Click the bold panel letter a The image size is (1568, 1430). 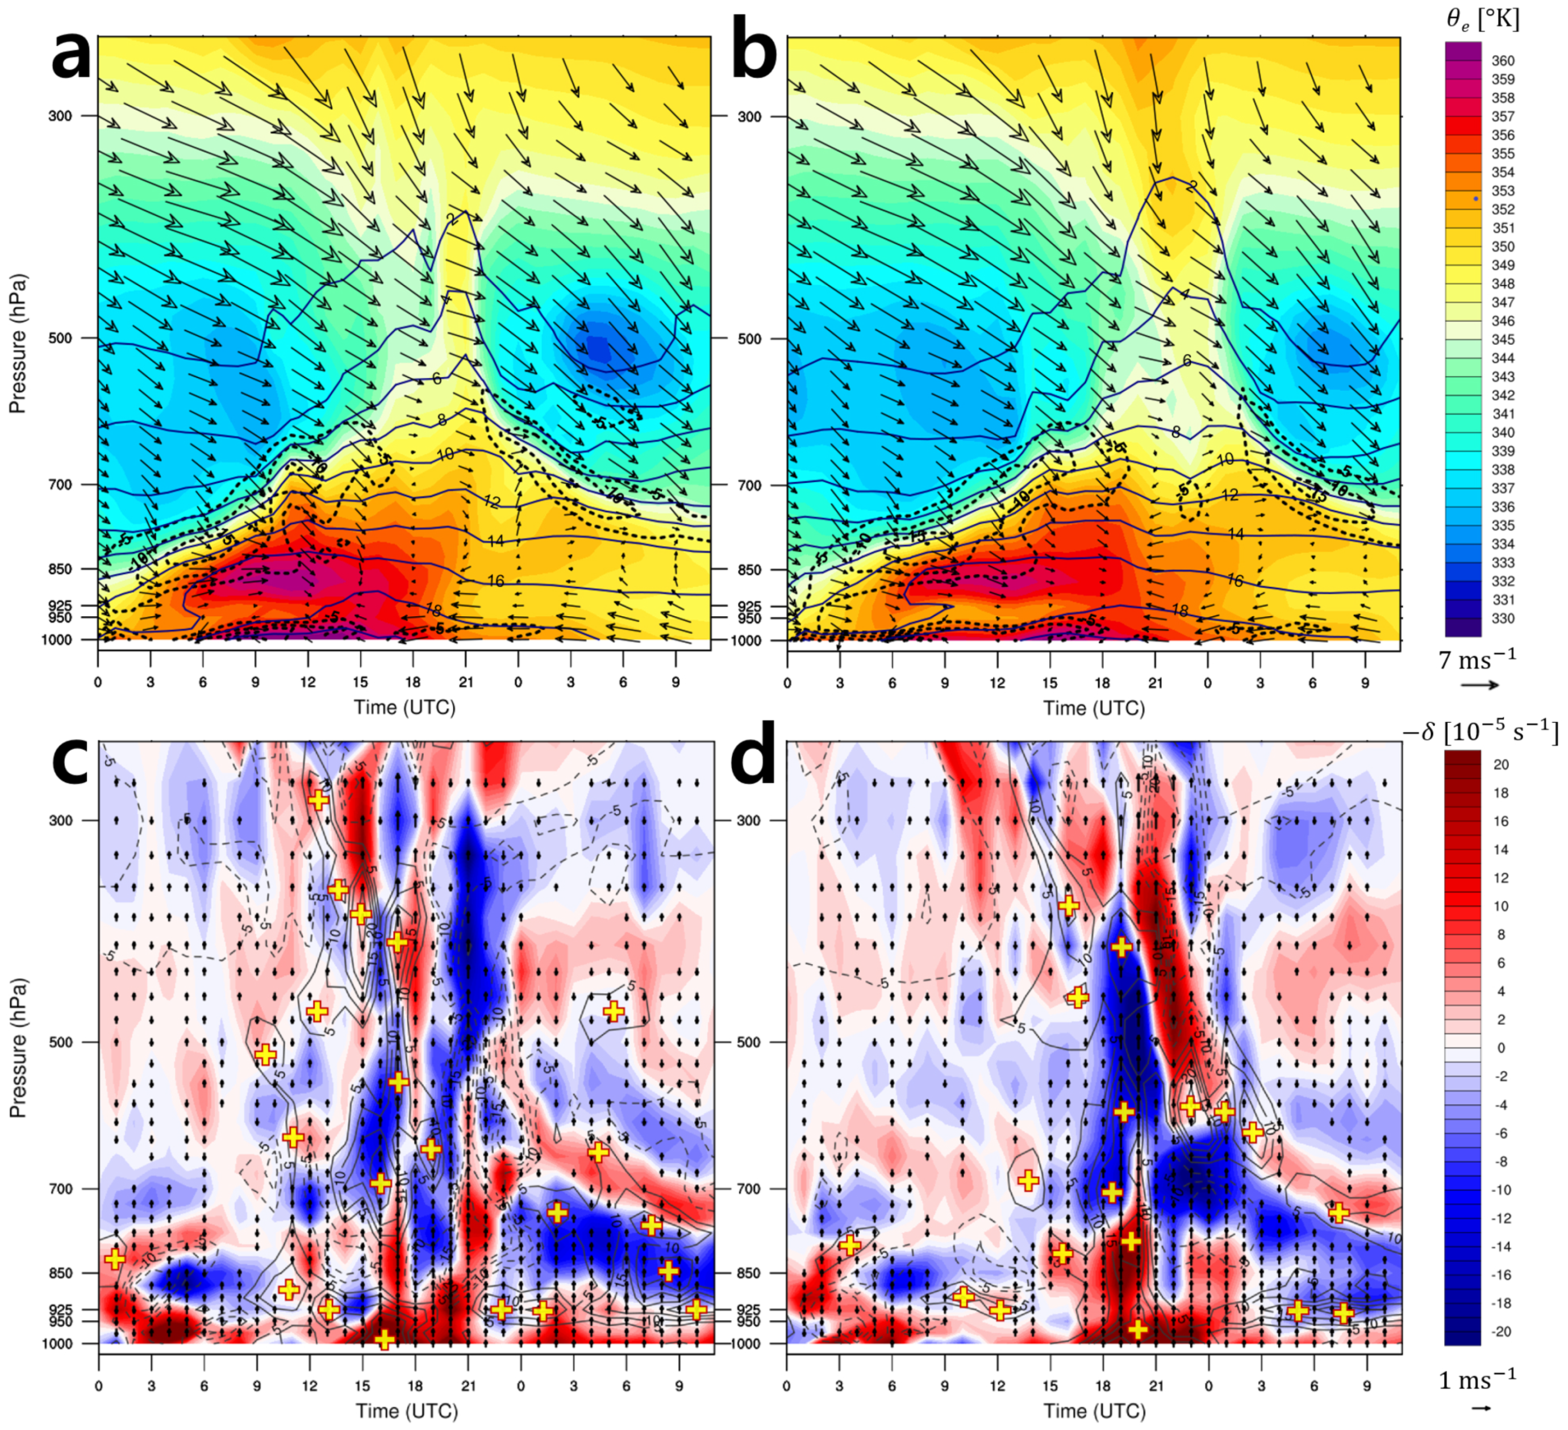point(71,56)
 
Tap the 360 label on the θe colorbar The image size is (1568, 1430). point(1503,61)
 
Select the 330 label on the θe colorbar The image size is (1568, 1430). point(1503,619)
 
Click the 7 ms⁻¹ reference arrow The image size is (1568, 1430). point(1479,685)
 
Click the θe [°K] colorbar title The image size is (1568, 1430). point(1482,19)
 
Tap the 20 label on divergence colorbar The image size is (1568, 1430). point(1501,765)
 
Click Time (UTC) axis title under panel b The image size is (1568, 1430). point(1094,708)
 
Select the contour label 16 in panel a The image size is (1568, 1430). point(495,581)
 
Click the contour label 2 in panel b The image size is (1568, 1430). point(1191,186)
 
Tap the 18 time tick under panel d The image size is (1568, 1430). point(1102,1386)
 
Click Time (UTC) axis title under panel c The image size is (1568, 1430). point(406,1411)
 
